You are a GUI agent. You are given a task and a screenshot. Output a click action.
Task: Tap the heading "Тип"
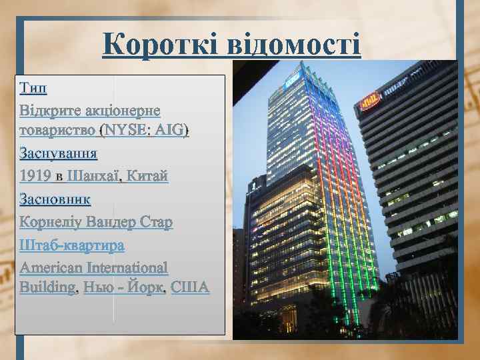34,87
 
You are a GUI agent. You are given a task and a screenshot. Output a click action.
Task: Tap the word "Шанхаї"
93,177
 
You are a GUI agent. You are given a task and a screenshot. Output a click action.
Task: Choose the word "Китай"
147,177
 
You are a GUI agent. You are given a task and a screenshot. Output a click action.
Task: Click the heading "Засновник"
55,199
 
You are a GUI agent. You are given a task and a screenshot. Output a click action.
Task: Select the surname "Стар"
157,222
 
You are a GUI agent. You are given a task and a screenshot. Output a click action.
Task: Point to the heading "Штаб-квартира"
73,245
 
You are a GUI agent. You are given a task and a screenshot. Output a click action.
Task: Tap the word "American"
51,267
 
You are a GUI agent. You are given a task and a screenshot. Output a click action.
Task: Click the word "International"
127,267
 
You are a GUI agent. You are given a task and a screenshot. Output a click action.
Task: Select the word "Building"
47,287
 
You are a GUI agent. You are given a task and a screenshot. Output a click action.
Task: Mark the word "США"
190,287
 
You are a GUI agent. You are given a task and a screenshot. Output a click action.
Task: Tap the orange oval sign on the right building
370,101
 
